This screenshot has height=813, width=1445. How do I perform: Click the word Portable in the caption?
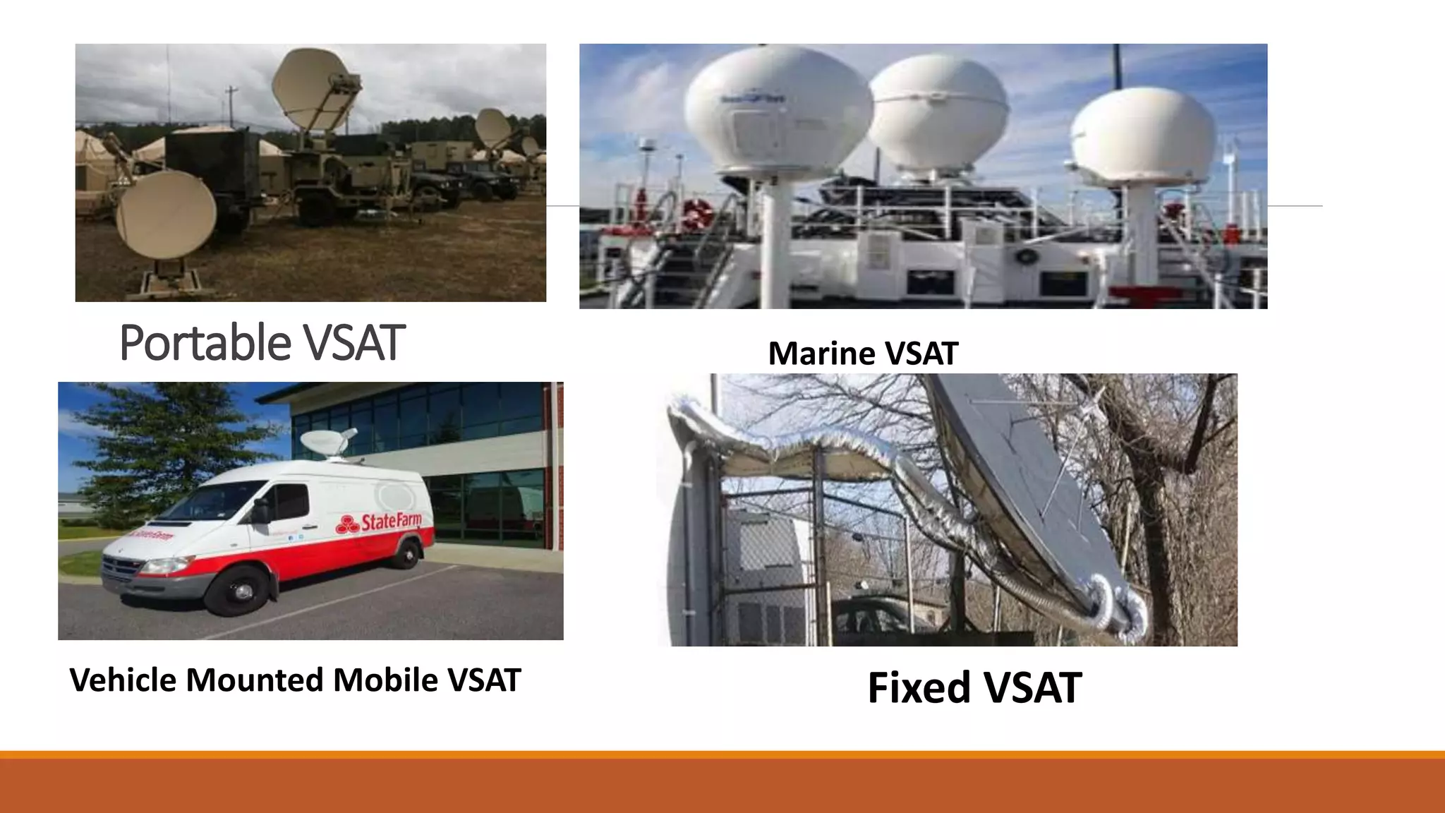(x=205, y=343)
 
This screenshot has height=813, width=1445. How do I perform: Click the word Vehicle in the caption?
(x=123, y=680)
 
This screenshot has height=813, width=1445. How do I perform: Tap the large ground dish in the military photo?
(x=167, y=214)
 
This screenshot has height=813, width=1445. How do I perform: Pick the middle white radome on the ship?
(x=937, y=113)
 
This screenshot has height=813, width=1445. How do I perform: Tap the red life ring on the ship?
(x=696, y=213)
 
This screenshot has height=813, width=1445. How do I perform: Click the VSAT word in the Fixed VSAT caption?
(x=1034, y=688)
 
